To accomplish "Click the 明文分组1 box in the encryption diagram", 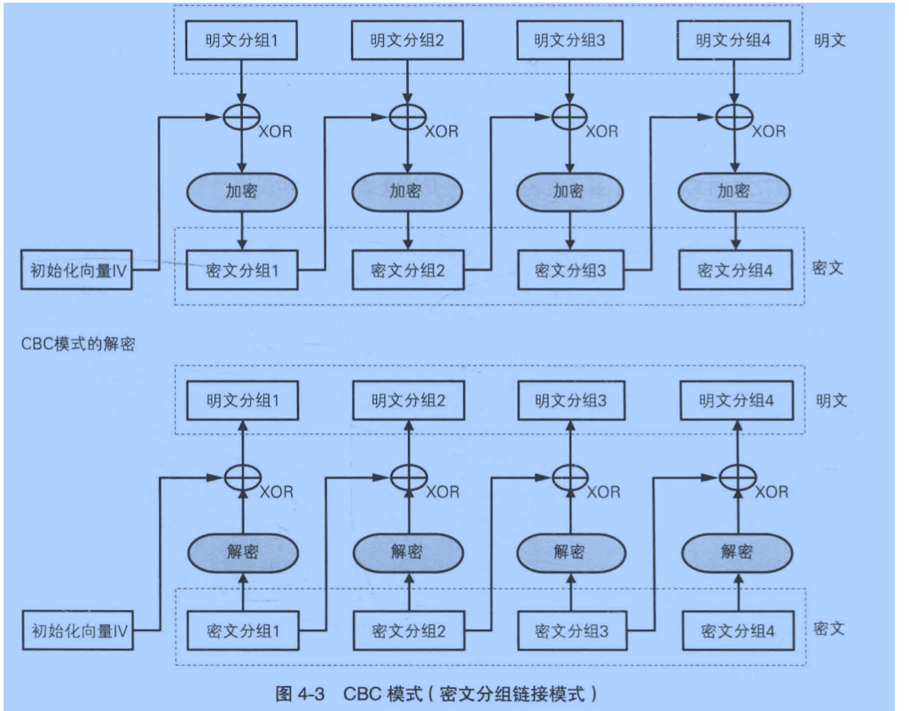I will [240, 40].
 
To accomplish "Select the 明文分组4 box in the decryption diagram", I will [735, 402].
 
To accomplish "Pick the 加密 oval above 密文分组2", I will [405, 191].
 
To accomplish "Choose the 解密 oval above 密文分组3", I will [569, 552].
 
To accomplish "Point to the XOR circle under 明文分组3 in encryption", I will [569, 115].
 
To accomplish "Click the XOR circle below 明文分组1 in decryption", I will [241, 477].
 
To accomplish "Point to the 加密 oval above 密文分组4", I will [735, 191].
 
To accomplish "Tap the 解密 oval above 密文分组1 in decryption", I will [241, 552].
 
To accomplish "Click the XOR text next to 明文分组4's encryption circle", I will [768, 131].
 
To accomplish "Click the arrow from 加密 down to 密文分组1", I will [241, 230].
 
